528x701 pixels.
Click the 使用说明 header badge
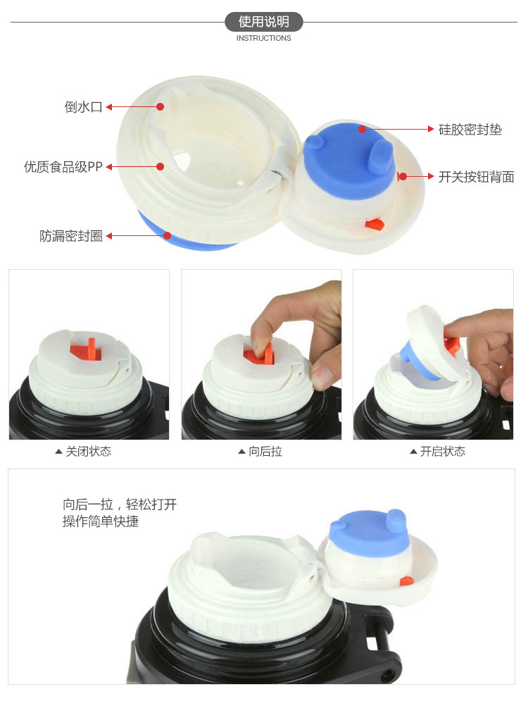tap(263, 21)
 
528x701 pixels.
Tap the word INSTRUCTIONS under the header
tap(263, 39)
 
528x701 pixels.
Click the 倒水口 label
tap(84, 107)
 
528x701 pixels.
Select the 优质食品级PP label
tap(63, 167)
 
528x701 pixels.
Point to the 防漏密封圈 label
tap(71, 235)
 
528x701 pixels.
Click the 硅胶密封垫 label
tap(470, 130)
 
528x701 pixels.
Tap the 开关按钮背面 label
tap(476, 177)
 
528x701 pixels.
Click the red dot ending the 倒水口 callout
tap(161, 107)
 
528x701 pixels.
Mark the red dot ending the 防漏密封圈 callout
tap(168, 235)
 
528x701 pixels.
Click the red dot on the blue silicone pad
tap(363, 129)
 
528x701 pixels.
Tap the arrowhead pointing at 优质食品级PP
tap(109, 167)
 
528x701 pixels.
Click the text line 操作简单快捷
tap(101, 521)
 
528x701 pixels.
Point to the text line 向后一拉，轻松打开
tap(120, 504)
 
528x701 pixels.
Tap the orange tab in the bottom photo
tap(406, 581)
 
